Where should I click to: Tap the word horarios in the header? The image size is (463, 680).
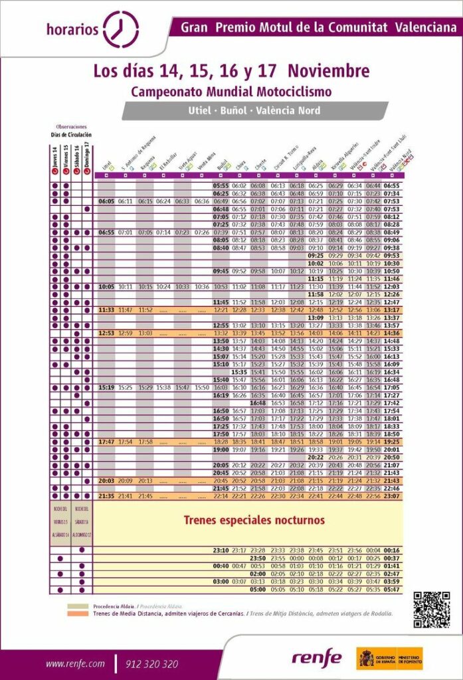point(72,29)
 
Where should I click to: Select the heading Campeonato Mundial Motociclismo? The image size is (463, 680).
point(231,92)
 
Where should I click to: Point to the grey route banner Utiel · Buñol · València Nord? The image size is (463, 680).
point(254,110)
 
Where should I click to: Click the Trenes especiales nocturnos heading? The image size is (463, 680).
point(254,520)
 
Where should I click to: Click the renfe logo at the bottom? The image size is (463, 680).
point(317,658)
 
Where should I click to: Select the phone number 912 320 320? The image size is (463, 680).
point(151,663)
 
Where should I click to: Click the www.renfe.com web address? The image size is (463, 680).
point(75,663)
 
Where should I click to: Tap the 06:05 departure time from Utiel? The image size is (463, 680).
point(106,201)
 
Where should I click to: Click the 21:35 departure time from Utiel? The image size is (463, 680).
point(106,496)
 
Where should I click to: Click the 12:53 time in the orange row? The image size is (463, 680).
point(106,333)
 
